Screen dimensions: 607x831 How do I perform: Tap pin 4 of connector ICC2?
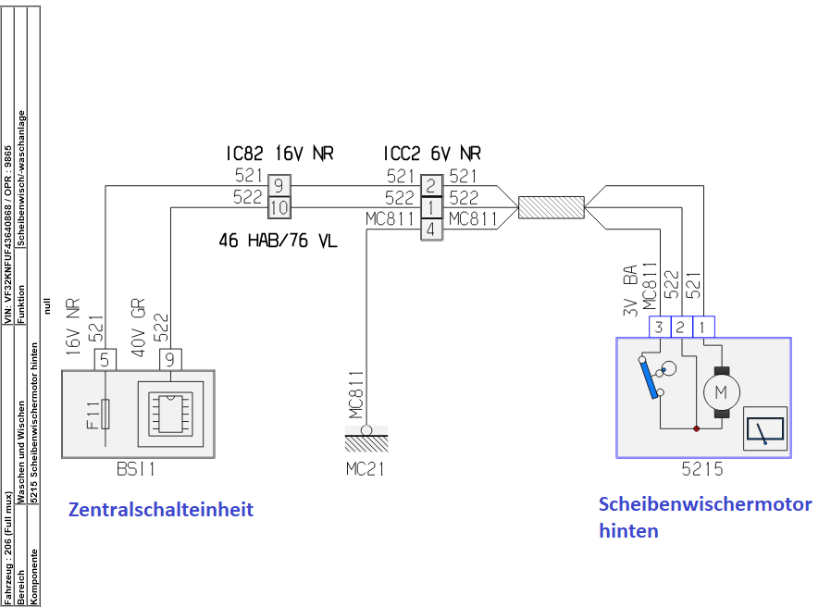click(x=431, y=229)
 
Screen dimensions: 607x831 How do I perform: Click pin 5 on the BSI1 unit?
click(x=105, y=358)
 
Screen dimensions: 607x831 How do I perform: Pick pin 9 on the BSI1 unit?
click(x=170, y=358)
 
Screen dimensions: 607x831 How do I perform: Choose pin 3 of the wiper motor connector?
click(x=658, y=326)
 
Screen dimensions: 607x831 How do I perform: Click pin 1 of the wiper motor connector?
click(x=703, y=326)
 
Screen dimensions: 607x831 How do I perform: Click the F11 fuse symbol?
click(x=105, y=414)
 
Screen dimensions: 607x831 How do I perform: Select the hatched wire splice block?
click(x=551, y=208)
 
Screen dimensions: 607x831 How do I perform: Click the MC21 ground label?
click(x=366, y=469)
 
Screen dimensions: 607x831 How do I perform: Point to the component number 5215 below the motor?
click(x=702, y=469)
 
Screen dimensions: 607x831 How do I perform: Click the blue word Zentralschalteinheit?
click(x=160, y=510)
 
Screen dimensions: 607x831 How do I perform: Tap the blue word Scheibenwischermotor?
click(x=705, y=504)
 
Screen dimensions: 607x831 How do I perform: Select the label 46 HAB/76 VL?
click(x=278, y=242)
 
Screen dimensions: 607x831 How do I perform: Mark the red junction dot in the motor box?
click(x=696, y=428)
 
